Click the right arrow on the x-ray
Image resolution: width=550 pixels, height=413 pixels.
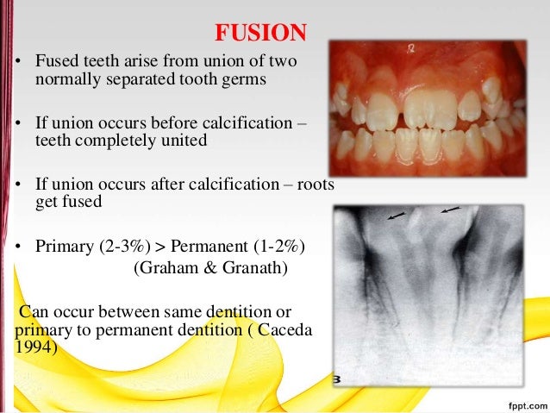click(x=450, y=209)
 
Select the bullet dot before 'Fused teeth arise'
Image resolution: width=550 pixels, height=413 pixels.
click(x=16, y=63)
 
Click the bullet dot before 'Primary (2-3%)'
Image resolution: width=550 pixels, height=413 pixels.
click(x=16, y=248)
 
